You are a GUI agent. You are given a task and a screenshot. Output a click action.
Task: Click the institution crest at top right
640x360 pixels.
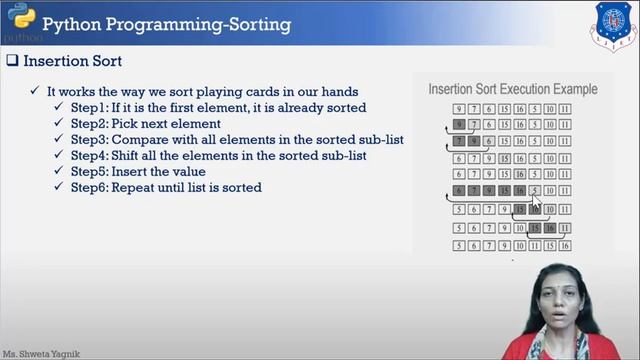(613, 24)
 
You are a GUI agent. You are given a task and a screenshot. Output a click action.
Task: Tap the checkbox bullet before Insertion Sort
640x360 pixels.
(13, 61)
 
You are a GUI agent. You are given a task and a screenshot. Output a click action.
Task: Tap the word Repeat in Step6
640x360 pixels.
(134, 188)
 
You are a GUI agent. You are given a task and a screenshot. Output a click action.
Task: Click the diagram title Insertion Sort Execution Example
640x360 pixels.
(513, 89)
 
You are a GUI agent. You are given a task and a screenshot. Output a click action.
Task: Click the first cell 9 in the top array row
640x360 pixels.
(458, 110)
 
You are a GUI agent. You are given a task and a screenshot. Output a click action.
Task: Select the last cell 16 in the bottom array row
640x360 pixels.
(565, 245)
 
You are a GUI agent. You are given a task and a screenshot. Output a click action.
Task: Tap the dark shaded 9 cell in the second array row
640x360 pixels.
(458, 126)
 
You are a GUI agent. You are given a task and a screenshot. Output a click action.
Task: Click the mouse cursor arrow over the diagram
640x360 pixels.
(536, 201)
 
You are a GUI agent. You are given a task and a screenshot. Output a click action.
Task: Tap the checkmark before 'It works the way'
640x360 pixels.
(35, 91)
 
